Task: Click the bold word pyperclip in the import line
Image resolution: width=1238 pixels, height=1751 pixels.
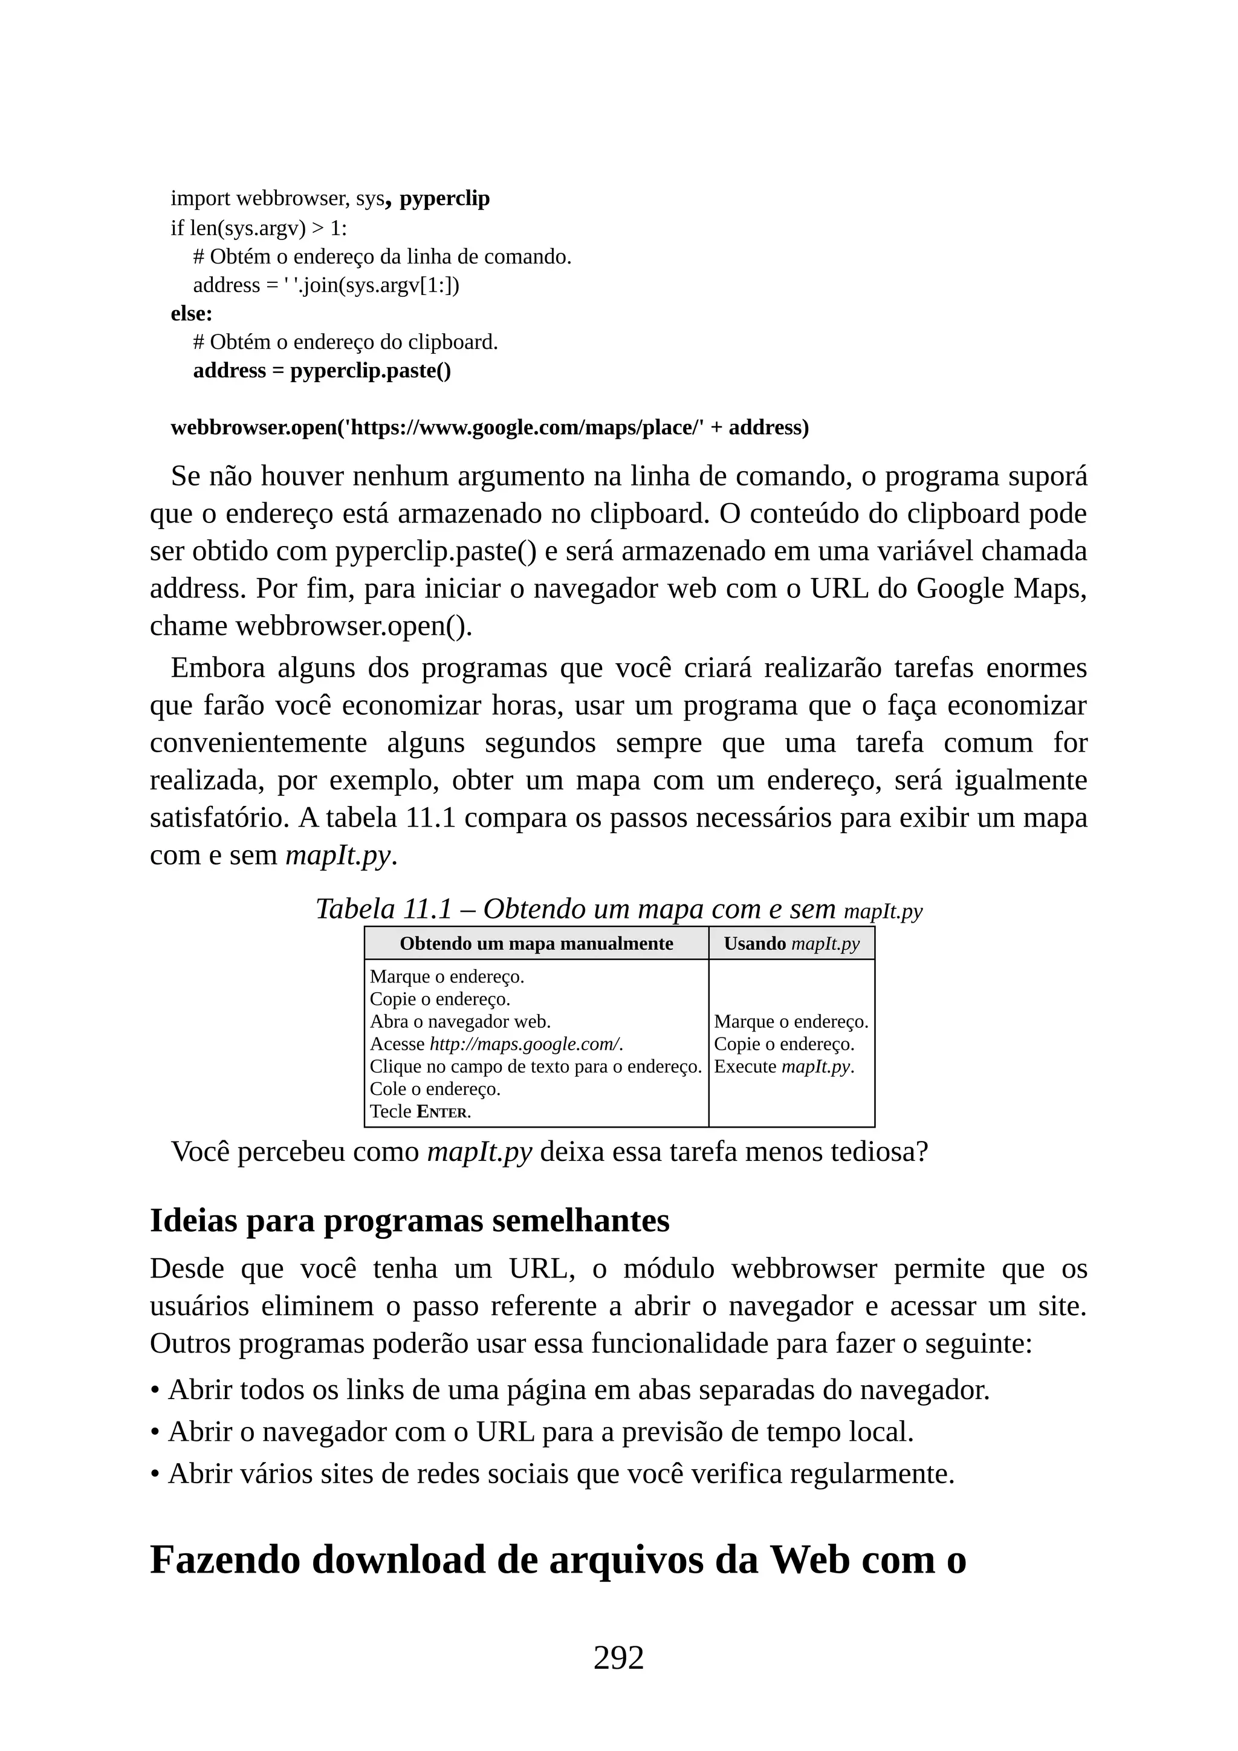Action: pos(444,198)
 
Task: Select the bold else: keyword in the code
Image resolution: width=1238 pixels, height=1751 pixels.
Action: pos(192,313)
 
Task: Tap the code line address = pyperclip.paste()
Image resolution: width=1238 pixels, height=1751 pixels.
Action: pos(322,371)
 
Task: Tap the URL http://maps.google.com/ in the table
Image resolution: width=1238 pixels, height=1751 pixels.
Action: pos(525,1044)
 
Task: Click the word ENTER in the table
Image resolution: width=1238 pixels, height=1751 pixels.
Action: pos(442,1112)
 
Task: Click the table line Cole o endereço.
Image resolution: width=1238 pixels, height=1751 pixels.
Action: pos(435,1089)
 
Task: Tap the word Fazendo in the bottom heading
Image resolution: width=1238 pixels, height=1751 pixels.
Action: pos(225,1559)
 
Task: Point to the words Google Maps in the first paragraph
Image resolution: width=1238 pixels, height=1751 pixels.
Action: pos(1000,589)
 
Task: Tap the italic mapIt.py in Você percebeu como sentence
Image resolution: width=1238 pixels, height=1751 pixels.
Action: pos(479,1152)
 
